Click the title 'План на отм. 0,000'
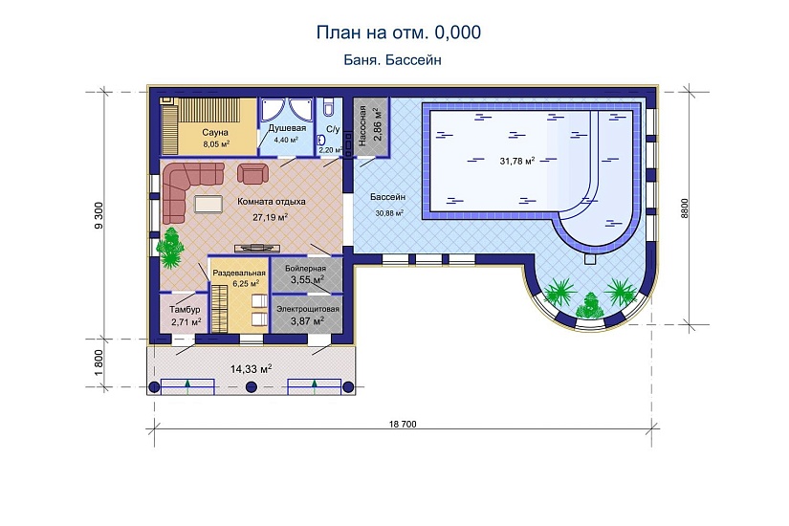(398, 33)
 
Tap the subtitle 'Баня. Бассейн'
(391, 59)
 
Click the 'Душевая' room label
(286, 127)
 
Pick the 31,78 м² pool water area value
(516, 161)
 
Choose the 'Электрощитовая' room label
(308, 309)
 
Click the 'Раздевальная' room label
(238, 274)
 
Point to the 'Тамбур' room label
(185, 310)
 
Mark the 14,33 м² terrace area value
(252, 367)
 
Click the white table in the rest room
(207, 203)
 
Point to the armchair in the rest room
(252, 173)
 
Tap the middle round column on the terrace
(252, 386)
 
